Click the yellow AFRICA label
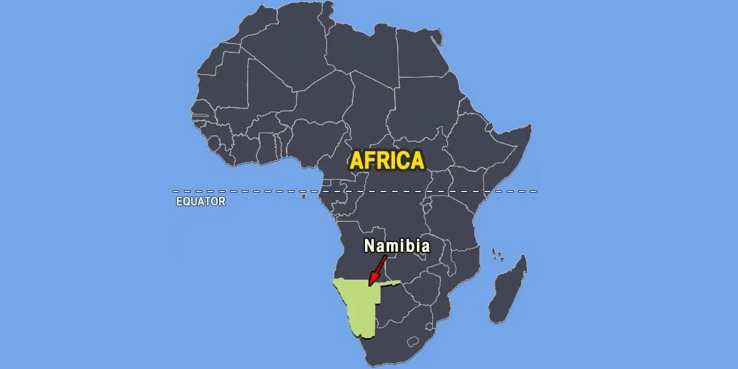point(387,160)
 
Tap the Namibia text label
point(397,246)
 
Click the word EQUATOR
point(201,202)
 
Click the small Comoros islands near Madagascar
point(497,254)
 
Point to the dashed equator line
point(259,191)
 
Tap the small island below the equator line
point(303,197)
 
